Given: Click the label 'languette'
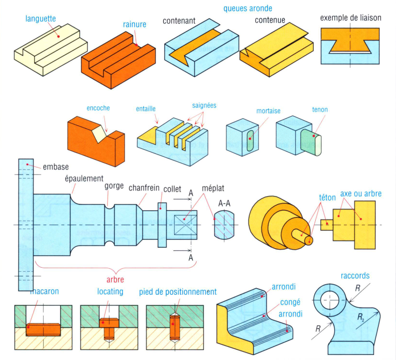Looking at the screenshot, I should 41,20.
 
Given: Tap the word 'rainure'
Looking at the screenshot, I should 135,24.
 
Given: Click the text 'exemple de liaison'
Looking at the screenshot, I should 350,18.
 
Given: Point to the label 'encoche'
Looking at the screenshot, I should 98,108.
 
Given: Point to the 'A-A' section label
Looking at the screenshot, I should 224,204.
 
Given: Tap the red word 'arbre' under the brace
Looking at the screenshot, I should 115,279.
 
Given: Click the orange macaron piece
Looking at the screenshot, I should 43,329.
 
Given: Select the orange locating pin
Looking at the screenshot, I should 109,326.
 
